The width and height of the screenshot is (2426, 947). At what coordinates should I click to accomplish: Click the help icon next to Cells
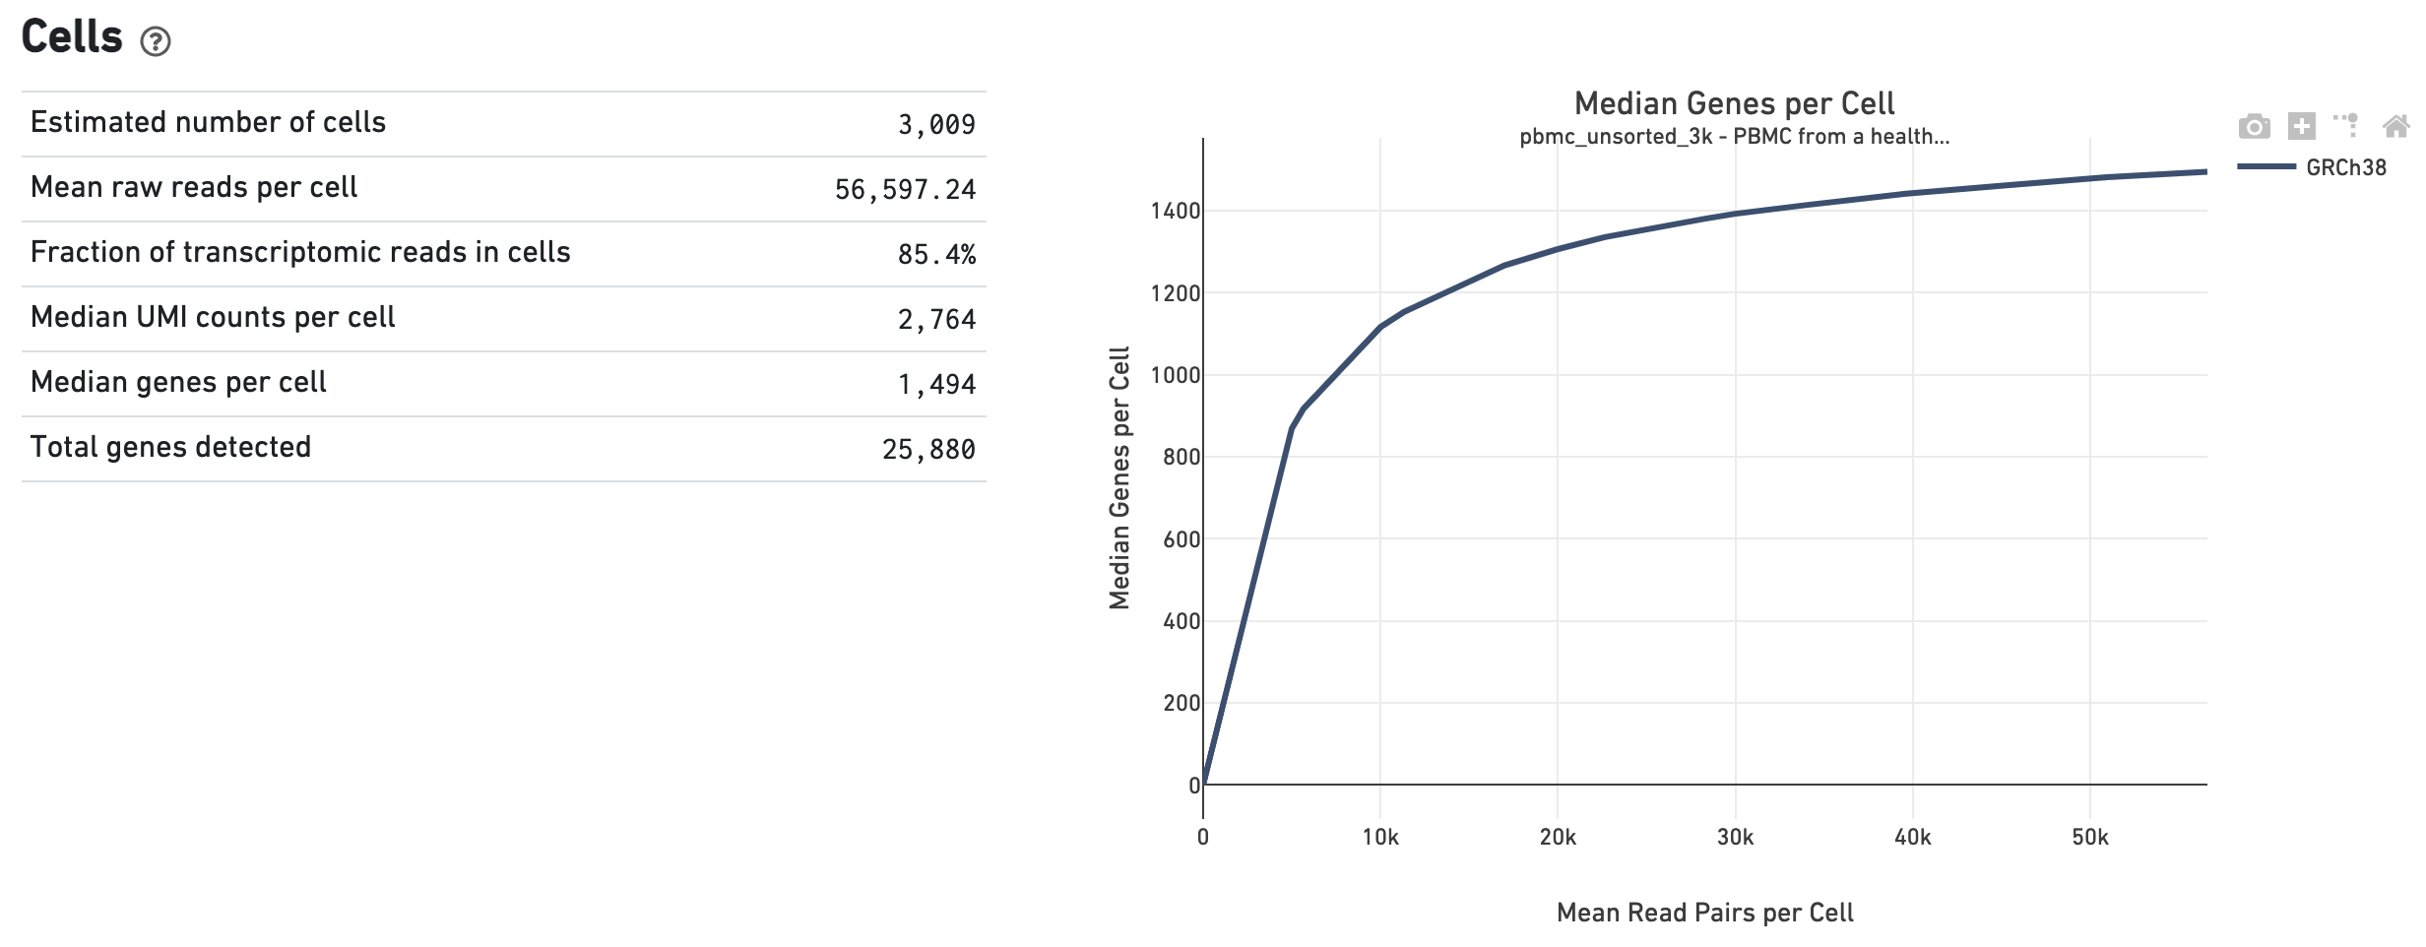(x=156, y=41)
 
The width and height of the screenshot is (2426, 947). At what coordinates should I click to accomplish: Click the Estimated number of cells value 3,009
(x=935, y=125)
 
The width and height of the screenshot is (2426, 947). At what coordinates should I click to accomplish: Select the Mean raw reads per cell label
(x=194, y=187)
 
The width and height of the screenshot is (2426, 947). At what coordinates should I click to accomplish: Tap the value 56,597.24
(x=905, y=190)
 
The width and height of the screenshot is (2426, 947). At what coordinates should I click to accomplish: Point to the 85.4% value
(x=935, y=255)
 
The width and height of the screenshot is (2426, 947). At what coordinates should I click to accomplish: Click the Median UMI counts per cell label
(x=213, y=317)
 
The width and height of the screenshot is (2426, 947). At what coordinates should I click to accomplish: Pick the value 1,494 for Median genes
(x=935, y=385)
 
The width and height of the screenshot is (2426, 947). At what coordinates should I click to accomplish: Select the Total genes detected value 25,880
(x=927, y=450)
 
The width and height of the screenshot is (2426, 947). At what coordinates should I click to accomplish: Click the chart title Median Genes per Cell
(x=1734, y=103)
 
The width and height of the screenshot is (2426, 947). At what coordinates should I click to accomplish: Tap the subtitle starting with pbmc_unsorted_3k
(x=1734, y=137)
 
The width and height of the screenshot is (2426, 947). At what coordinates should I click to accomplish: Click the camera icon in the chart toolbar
(x=2254, y=127)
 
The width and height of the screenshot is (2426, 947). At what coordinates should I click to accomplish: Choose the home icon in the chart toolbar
(x=2395, y=126)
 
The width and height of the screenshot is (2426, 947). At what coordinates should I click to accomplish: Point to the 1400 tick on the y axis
(x=1175, y=211)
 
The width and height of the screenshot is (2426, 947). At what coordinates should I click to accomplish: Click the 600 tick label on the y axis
(x=1181, y=539)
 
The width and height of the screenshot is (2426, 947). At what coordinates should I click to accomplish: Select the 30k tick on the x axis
(x=1735, y=838)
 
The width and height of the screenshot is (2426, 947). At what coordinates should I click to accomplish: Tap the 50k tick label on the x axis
(x=2089, y=838)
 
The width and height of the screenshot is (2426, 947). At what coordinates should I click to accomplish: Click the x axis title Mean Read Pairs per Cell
(x=1704, y=914)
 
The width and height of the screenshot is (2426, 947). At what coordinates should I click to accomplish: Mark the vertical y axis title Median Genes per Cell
(x=1119, y=478)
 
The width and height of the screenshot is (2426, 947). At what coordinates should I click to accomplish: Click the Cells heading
(x=72, y=37)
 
